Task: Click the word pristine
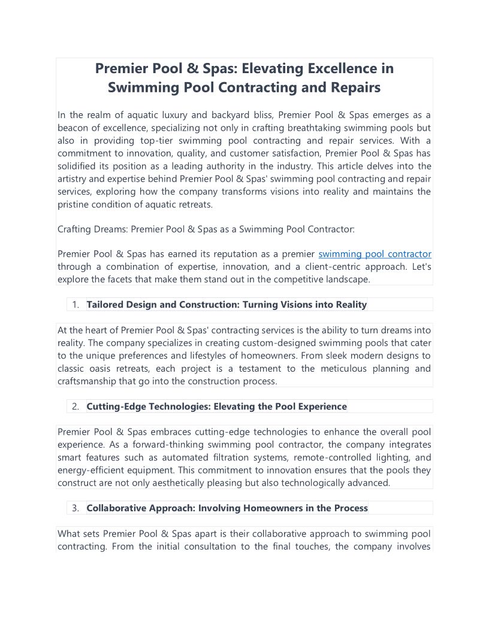point(74,204)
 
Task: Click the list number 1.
point(76,305)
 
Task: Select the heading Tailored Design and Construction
point(227,305)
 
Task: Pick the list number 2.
point(76,406)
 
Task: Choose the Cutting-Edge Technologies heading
point(216,406)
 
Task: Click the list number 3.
point(76,508)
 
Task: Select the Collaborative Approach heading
point(227,508)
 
